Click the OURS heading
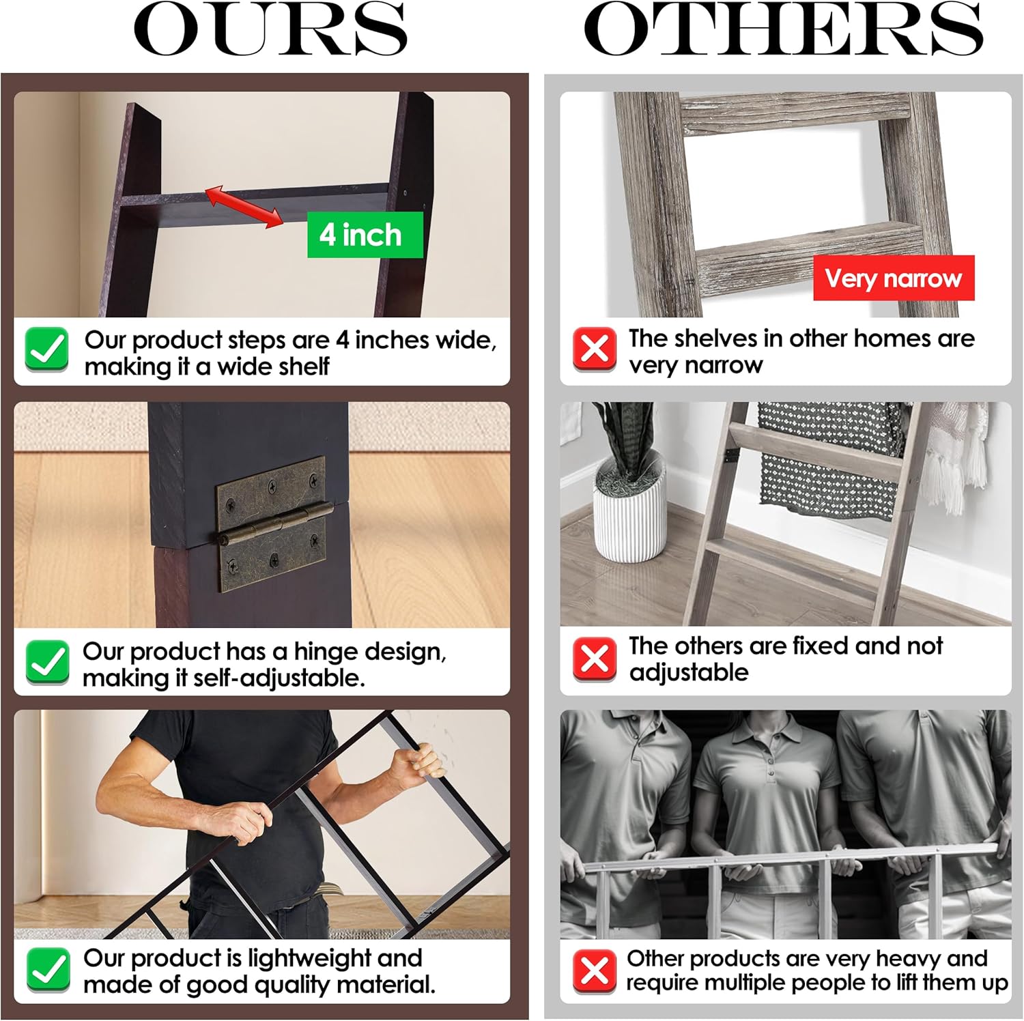point(270,30)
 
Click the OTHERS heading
point(783,30)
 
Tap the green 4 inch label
point(365,235)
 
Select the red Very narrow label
point(894,278)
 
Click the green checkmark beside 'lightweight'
point(48,969)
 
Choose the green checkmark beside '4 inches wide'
point(46,349)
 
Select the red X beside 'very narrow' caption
point(595,349)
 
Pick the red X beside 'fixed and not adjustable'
point(595,659)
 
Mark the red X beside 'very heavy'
point(595,971)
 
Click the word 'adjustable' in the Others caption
point(689,672)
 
